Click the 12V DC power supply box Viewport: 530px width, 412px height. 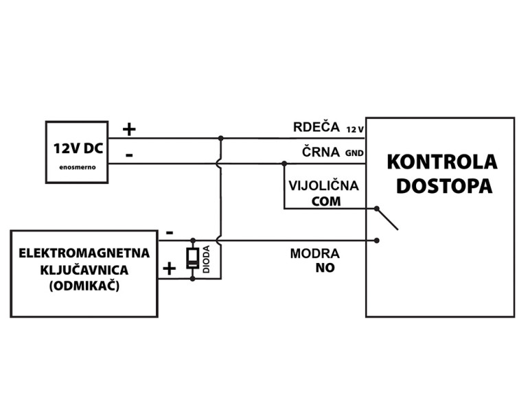click(77, 152)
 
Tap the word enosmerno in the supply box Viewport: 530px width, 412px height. click(77, 168)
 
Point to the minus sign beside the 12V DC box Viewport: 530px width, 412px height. click(129, 155)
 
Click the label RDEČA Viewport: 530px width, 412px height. click(316, 127)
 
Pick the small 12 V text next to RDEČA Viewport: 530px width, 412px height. click(354, 129)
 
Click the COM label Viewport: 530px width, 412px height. click(325, 201)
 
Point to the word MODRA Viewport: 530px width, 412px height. click(314, 254)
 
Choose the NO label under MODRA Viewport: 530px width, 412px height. click(325, 268)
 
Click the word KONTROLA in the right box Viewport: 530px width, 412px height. click(441, 162)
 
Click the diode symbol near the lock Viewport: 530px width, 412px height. click(193, 258)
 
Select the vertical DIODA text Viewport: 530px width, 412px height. click(206, 260)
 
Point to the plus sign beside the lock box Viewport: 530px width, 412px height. click(168, 268)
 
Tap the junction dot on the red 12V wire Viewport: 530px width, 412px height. click(220, 138)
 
